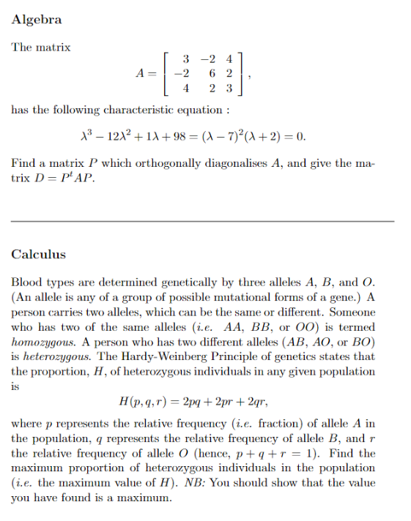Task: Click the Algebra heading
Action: pos(37,20)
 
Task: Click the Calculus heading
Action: pos(39,255)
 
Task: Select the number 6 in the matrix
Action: pos(212,73)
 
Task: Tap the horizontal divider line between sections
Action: pos(202,221)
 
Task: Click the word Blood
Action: pos(26,282)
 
